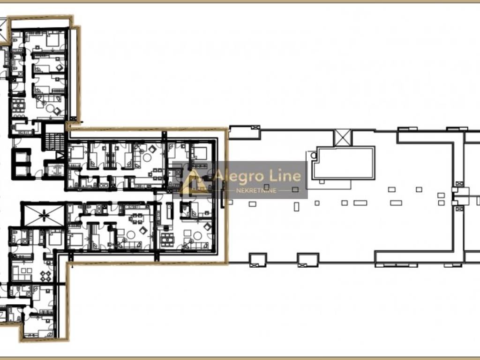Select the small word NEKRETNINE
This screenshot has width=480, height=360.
click(x=256, y=190)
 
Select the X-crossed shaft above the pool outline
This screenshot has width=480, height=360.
click(x=343, y=137)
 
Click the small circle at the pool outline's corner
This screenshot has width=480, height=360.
click(x=314, y=155)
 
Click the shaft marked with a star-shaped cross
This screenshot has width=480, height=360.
click(x=44, y=216)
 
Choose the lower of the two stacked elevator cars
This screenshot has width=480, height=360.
click(x=22, y=172)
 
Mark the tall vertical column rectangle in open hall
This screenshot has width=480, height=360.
click(x=296, y=207)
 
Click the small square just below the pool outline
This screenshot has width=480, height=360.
click(x=322, y=182)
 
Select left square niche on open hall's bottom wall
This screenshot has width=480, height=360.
click(x=258, y=260)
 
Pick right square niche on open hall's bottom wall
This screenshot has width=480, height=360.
click(x=308, y=260)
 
